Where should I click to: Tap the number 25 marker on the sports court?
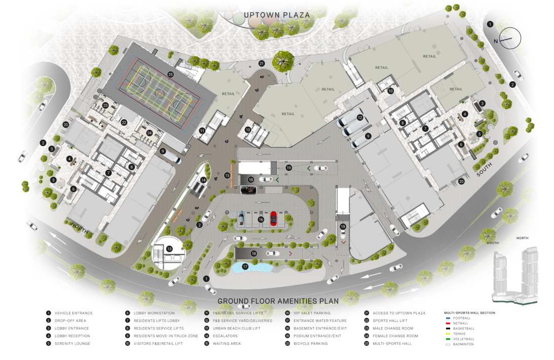pyautogui.click(x=170, y=74)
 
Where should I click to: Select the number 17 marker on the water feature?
pyautogui.click(x=245, y=266)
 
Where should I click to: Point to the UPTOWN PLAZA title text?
pyautogui.click(x=276, y=15)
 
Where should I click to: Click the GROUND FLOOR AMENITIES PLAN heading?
pyautogui.click(x=278, y=301)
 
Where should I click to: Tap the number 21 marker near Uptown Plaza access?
pyautogui.click(x=262, y=63)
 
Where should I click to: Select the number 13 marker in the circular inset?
pyautogui.click(x=169, y=248)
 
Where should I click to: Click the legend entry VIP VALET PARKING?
pyautogui.click(x=315, y=313)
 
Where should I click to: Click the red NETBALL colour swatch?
pyautogui.click(x=447, y=323)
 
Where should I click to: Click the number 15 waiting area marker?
pyautogui.click(x=227, y=175)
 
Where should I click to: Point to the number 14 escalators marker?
pyautogui.click(x=203, y=180)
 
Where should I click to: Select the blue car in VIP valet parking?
pyautogui.click(x=241, y=217)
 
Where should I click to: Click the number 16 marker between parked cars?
pyautogui.click(x=261, y=220)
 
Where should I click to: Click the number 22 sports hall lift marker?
pyautogui.click(x=124, y=122)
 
